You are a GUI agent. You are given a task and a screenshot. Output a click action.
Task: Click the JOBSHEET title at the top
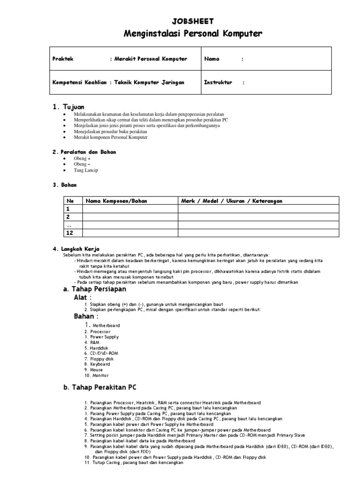click(193, 21)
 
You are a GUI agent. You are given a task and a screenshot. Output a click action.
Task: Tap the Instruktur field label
click(218, 82)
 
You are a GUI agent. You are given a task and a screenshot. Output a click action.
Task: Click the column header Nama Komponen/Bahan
click(116, 201)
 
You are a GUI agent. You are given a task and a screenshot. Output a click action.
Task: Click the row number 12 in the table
click(70, 232)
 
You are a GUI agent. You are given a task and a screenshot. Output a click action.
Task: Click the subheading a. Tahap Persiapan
click(95, 289)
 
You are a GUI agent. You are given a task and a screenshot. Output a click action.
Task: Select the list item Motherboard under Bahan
click(106, 325)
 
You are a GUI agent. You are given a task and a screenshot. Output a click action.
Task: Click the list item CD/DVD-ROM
click(105, 353)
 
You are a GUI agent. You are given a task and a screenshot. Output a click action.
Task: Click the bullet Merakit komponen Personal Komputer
click(110, 138)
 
